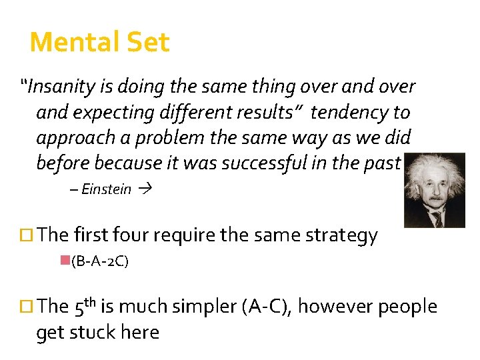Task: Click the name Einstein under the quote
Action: click(x=106, y=189)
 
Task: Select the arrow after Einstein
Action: click(x=145, y=189)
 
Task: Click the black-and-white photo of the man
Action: click(x=435, y=190)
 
